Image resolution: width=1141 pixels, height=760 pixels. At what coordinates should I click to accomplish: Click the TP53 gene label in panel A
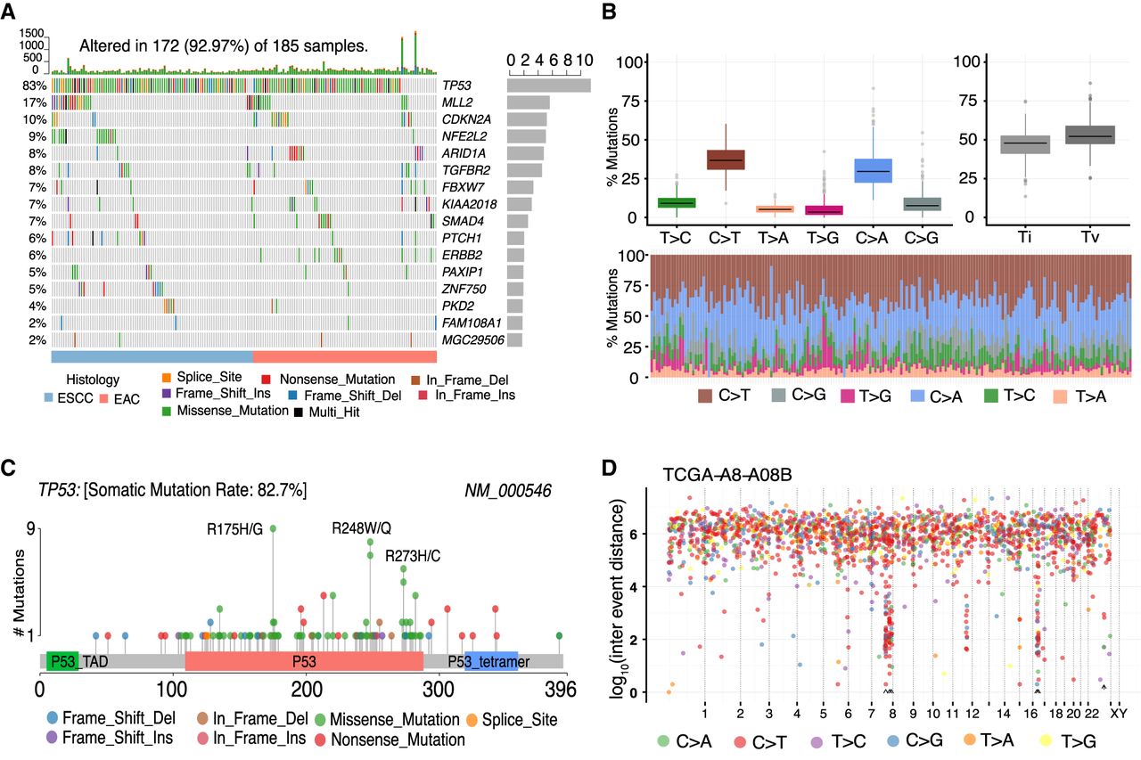457,86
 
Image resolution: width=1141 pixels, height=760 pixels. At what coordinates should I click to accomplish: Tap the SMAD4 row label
460,220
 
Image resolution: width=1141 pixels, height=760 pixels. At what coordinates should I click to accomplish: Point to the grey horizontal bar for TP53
548,86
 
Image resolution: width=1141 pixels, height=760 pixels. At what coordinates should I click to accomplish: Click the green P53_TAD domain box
62,661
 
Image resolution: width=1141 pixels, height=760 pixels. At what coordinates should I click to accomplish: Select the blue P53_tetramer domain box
492,661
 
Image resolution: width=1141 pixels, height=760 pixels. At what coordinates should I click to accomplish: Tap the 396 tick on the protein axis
562,690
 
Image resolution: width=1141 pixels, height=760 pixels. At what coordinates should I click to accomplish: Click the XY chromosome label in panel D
1118,714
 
